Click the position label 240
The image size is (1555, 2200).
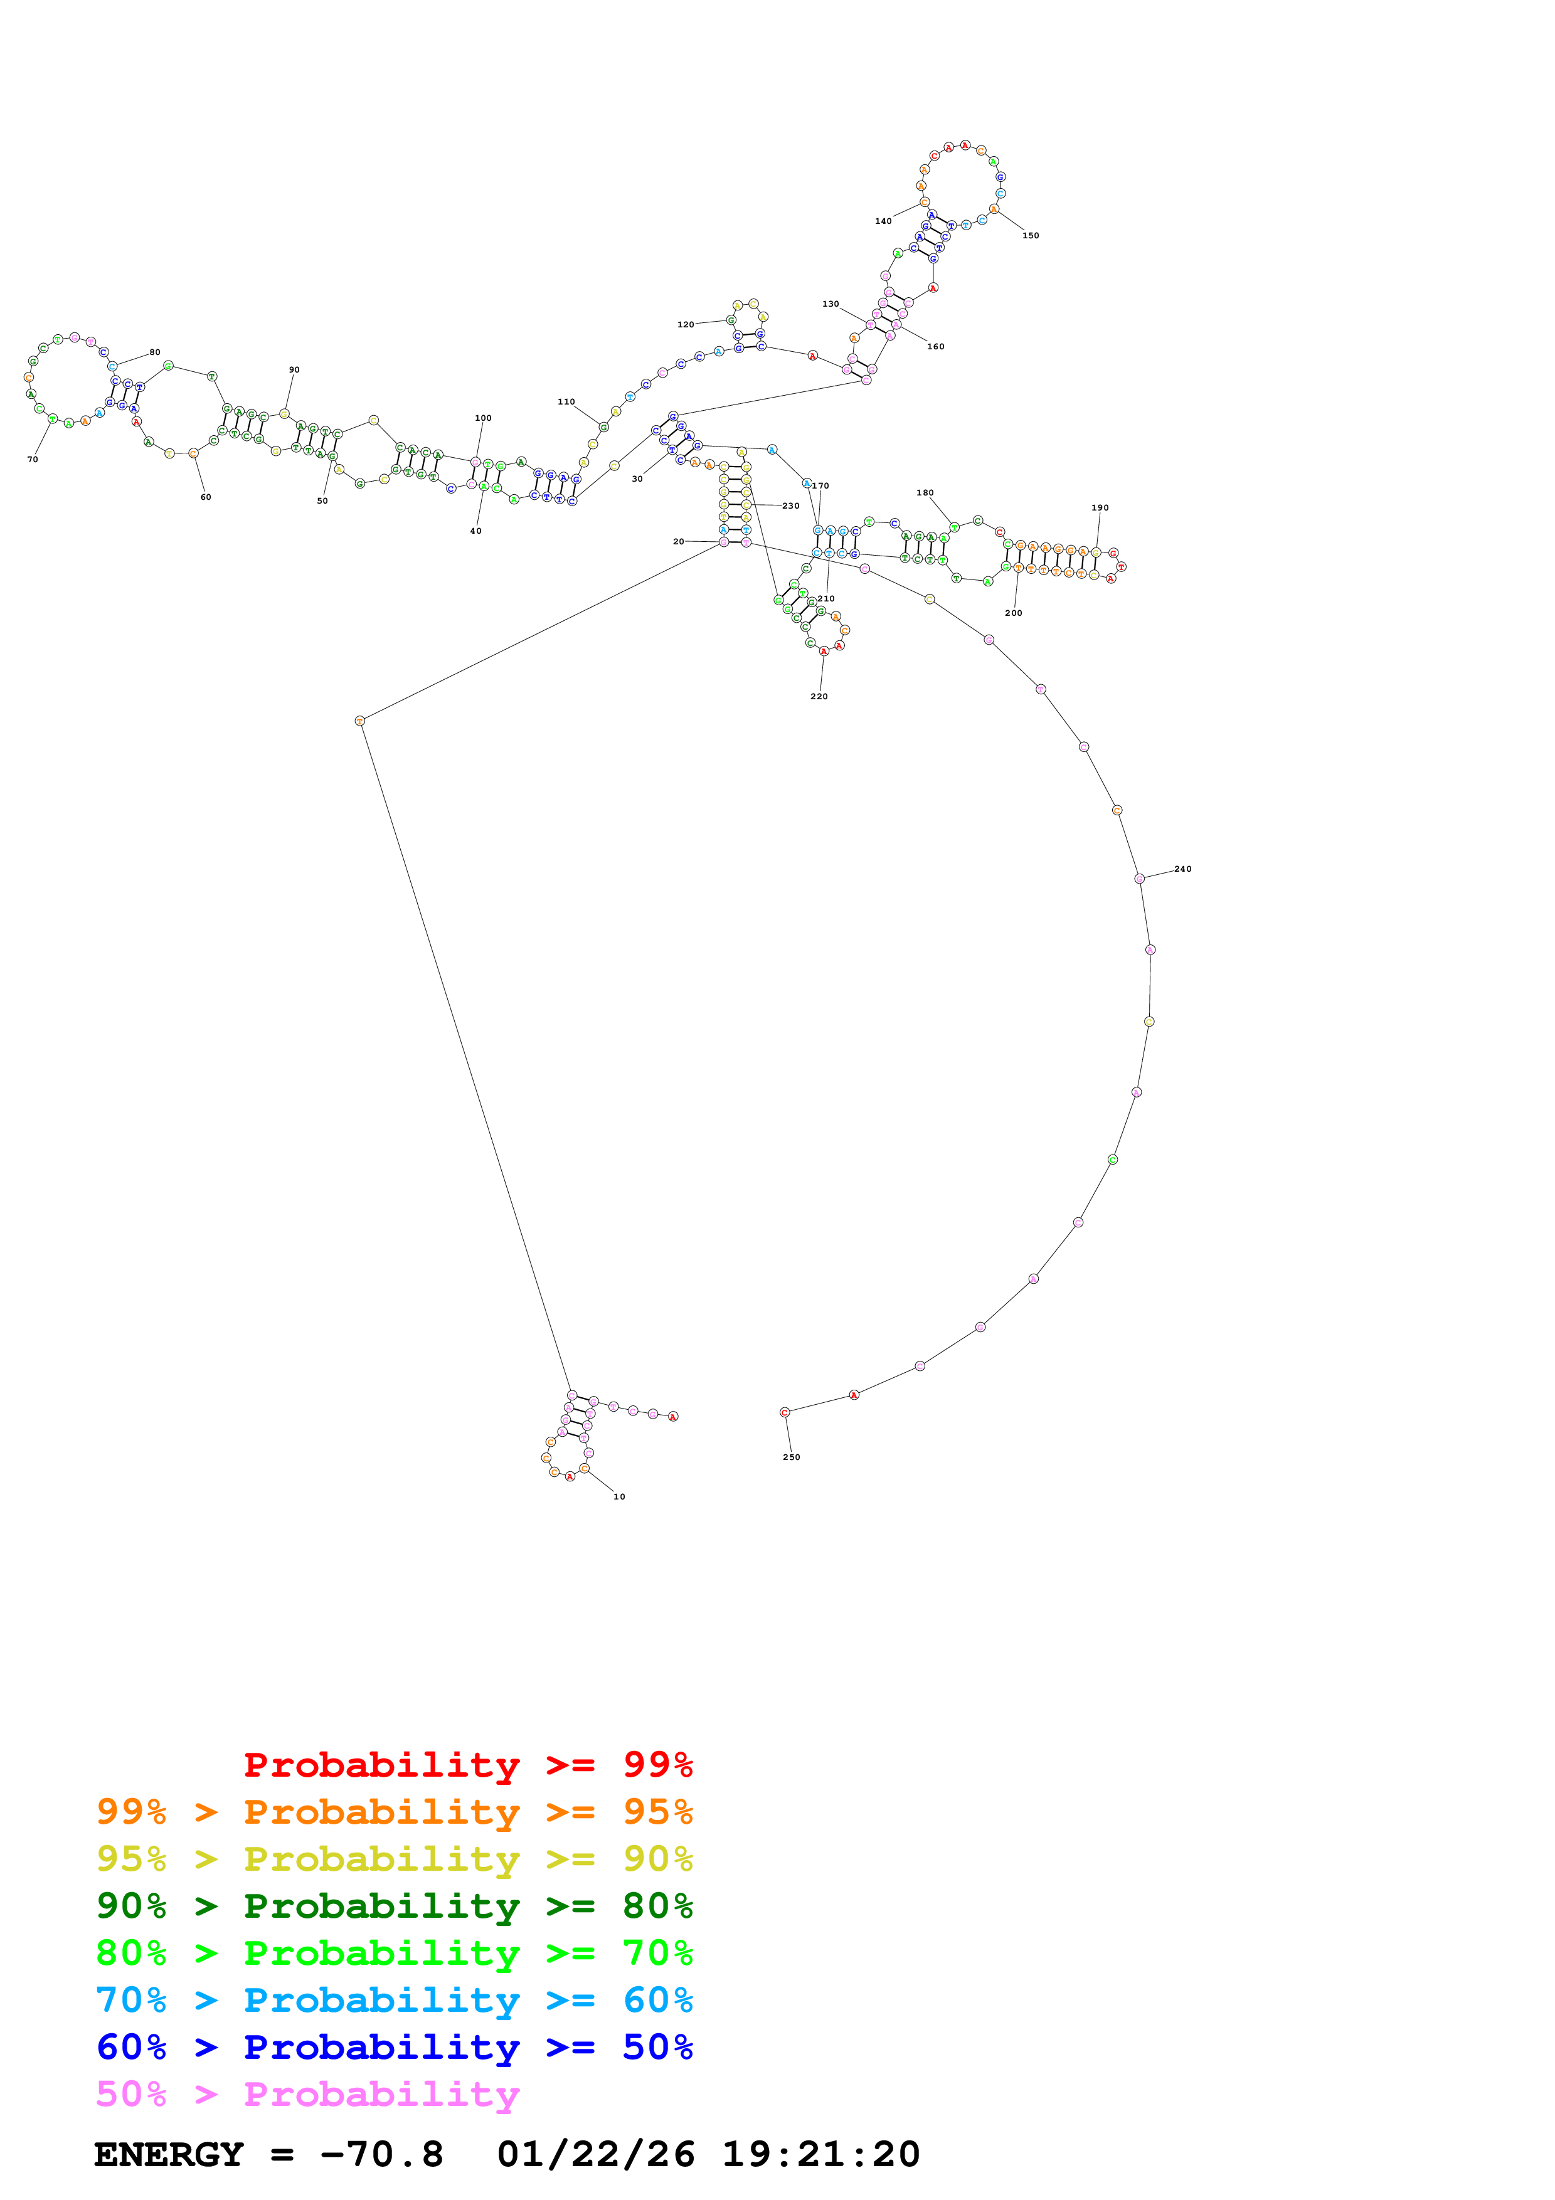point(1182,869)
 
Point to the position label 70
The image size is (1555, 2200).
point(33,460)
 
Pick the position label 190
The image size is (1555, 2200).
point(1099,508)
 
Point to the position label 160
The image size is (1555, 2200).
point(935,347)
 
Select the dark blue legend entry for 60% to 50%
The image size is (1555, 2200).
point(394,2047)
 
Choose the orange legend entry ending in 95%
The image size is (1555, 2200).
point(394,1812)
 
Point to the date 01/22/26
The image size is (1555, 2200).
point(595,2155)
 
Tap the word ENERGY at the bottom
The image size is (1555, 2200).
point(169,2155)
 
